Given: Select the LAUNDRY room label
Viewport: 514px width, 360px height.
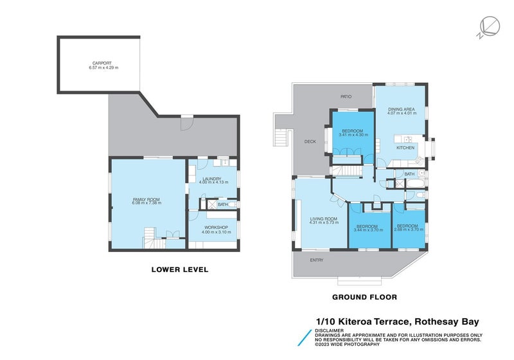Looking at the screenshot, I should [211, 179].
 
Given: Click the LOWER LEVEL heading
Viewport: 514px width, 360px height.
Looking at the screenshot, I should [179, 270].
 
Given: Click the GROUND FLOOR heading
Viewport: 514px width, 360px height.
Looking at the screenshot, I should [364, 297].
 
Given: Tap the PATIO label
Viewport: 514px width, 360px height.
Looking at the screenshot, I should [346, 96].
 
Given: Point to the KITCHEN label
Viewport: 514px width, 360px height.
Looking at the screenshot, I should [405, 148].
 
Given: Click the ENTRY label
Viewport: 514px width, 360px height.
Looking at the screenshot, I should [317, 260].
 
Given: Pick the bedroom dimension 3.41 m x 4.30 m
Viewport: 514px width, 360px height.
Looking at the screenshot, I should [353, 135].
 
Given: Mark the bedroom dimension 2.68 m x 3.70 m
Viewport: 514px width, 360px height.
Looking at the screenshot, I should [407, 230].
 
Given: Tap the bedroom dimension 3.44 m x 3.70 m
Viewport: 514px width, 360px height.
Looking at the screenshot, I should [369, 230].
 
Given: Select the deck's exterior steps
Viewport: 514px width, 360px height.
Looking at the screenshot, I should [279, 138].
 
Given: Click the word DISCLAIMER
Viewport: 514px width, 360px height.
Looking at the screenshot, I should [329, 330].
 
